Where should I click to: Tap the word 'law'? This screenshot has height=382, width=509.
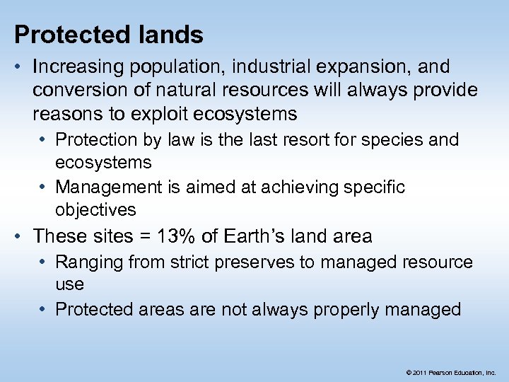tap(177, 140)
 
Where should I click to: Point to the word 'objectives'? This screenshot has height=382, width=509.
tap(95, 210)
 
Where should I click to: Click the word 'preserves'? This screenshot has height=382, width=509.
tap(255, 262)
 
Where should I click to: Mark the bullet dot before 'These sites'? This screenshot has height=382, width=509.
tap(22, 236)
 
